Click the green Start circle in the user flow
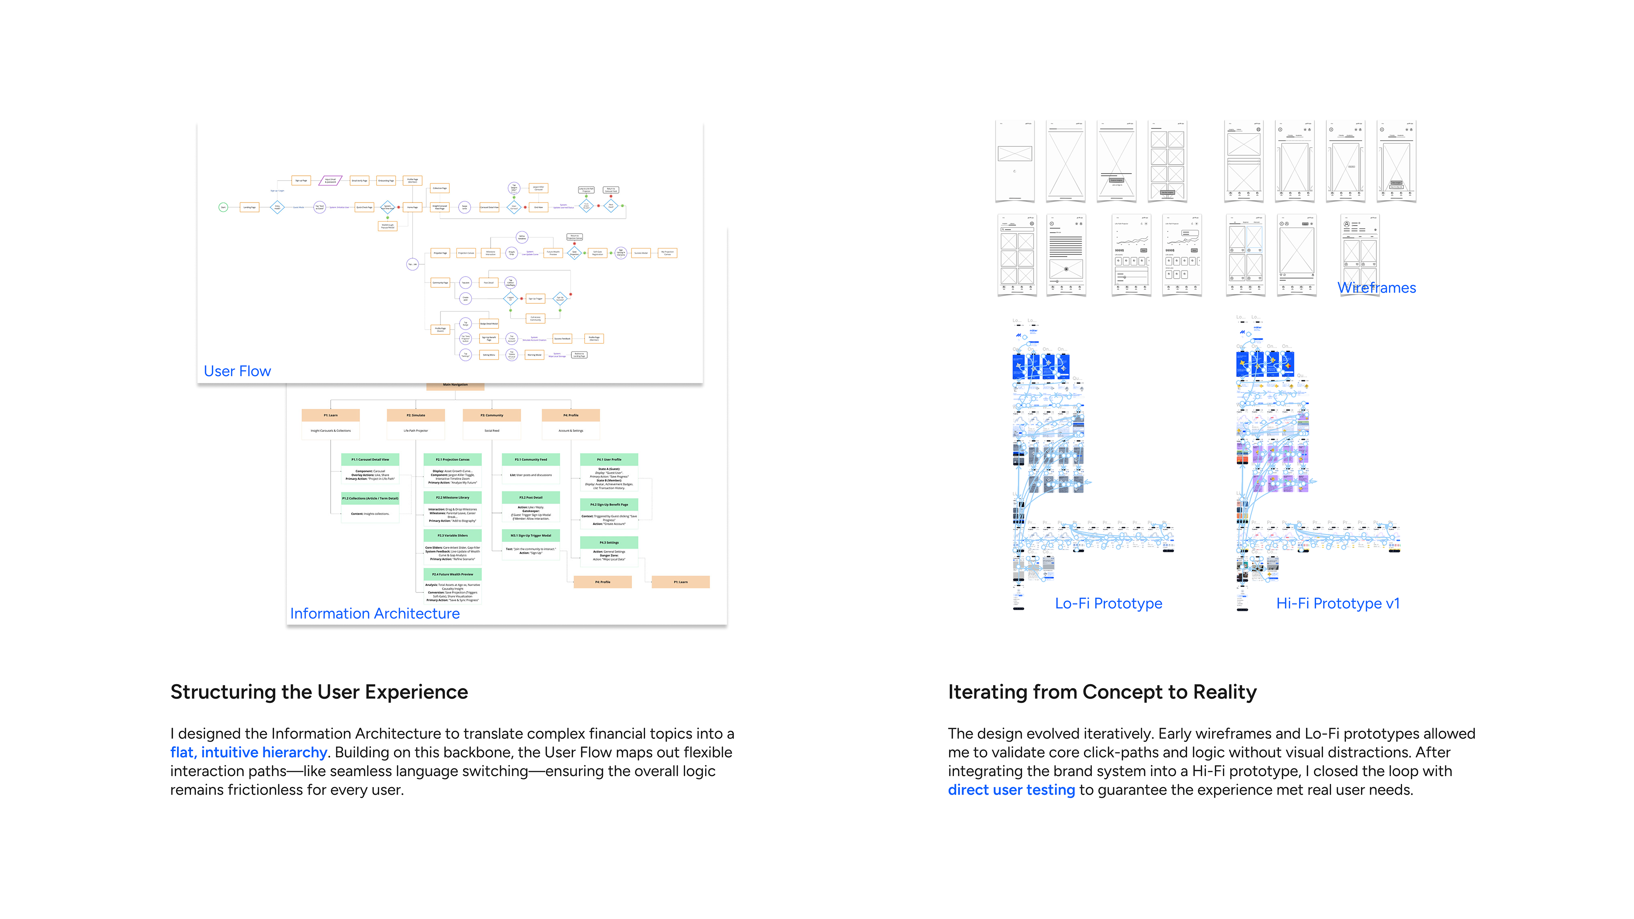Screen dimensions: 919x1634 tap(223, 207)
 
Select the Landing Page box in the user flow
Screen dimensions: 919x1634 tap(249, 207)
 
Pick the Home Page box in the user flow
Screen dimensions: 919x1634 tap(412, 207)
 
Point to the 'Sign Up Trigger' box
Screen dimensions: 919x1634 tap(535, 298)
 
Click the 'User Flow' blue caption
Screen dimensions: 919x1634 tap(237, 371)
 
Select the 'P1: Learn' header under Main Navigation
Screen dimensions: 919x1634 tap(331, 415)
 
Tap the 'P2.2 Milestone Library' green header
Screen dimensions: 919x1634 tap(452, 497)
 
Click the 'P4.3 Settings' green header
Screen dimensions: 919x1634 tap(609, 542)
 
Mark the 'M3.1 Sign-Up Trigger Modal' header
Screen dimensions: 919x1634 tap(531, 535)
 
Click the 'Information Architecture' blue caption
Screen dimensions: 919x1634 tap(375, 613)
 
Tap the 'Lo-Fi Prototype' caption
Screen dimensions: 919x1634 tap(1108, 603)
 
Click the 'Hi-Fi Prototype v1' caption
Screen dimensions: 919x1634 tap(1338, 603)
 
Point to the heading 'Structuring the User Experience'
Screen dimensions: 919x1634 tap(319, 692)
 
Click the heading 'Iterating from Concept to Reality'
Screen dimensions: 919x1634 tap(1102, 692)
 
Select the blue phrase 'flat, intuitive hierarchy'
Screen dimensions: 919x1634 tap(249, 752)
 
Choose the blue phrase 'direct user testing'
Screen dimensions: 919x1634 tap(1011, 790)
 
